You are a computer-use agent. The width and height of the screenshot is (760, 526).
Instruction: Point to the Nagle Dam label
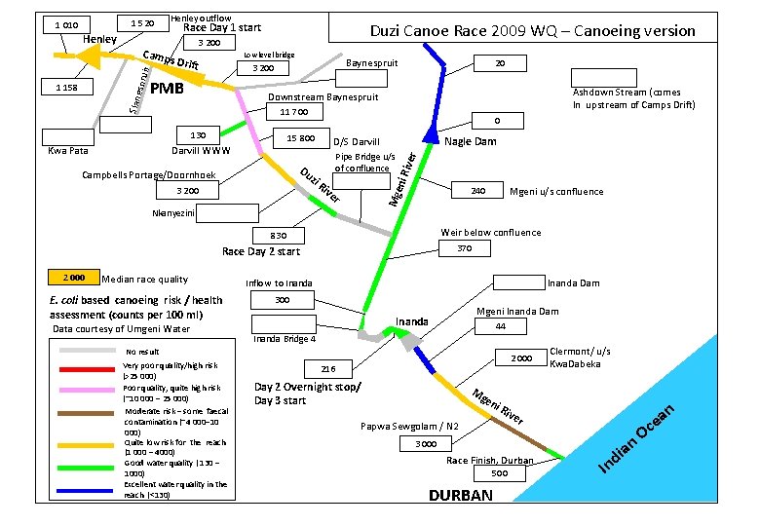(x=471, y=141)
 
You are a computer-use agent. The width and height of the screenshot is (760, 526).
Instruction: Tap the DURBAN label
(x=461, y=495)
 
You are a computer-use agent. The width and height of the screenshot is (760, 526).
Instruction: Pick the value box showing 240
(x=478, y=191)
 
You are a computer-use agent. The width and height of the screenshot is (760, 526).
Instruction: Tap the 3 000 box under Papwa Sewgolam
(x=426, y=443)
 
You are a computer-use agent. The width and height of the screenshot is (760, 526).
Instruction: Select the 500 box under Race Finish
(x=500, y=473)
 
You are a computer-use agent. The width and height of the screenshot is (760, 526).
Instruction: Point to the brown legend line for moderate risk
(x=89, y=413)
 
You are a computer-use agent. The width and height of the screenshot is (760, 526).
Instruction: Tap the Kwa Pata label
(x=68, y=151)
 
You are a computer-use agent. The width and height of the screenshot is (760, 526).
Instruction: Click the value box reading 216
(x=328, y=369)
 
